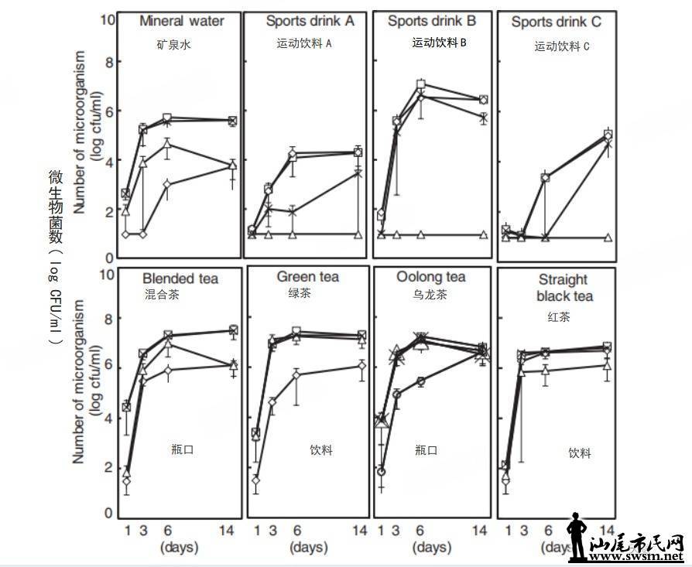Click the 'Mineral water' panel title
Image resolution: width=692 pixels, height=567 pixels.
(182, 21)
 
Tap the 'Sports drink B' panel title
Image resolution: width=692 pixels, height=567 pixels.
(430, 21)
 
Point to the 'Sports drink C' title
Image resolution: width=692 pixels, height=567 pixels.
(556, 22)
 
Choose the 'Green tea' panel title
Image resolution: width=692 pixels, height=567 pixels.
(308, 277)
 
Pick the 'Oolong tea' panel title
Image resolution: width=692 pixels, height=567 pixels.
(430, 277)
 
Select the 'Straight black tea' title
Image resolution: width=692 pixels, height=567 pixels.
(562, 287)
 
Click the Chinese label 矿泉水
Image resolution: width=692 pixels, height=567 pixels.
(173, 45)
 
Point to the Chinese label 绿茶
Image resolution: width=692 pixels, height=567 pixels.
(300, 294)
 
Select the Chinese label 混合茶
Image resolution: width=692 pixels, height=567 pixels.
(162, 294)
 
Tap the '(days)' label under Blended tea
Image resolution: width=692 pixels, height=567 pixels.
(179, 548)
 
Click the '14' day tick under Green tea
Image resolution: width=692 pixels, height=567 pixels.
(359, 531)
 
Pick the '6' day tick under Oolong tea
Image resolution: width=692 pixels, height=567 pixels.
(420, 531)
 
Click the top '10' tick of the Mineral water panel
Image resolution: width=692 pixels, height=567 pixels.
(108, 19)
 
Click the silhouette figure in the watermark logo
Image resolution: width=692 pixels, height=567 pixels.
(576, 536)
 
